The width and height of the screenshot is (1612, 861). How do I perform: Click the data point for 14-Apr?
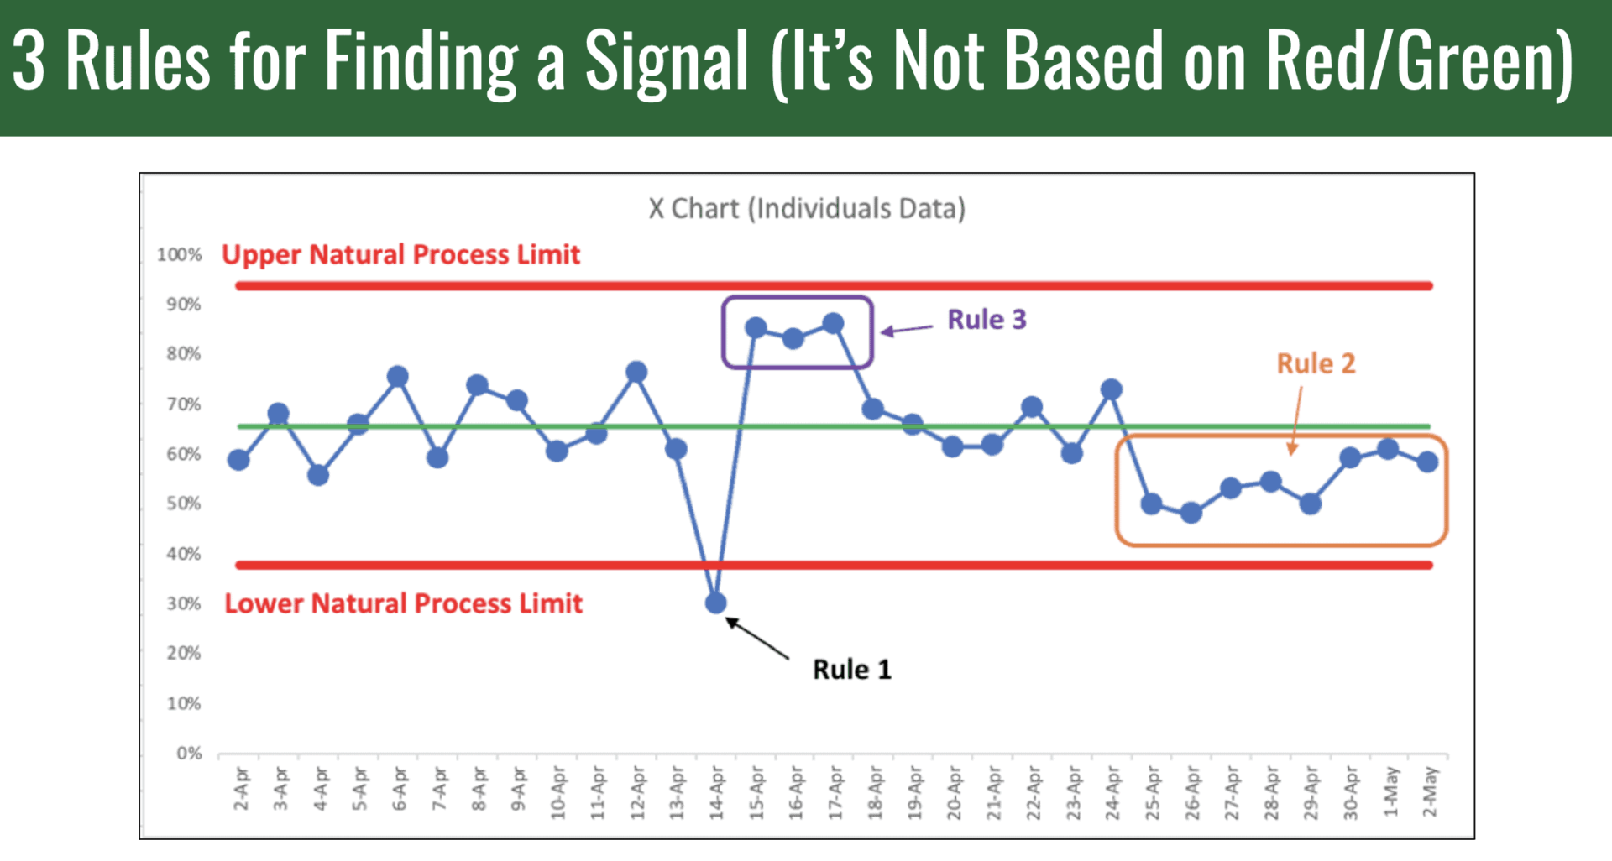[715, 603]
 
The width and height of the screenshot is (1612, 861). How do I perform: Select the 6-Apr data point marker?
[398, 377]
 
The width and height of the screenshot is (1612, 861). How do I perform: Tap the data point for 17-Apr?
[833, 324]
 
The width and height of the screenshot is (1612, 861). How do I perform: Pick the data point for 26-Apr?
[1191, 513]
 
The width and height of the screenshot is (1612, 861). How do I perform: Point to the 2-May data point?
[1427, 462]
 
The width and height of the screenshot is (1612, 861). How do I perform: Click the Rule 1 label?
[851, 670]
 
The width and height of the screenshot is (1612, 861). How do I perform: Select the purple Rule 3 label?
[987, 320]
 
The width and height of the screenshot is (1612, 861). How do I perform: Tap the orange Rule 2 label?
[1316, 363]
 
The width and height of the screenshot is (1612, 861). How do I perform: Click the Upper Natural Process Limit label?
[400, 254]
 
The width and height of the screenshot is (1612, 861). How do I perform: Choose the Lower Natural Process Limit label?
[403, 603]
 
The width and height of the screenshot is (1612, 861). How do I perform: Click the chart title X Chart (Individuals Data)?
[806, 208]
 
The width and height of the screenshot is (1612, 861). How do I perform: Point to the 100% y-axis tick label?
[179, 254]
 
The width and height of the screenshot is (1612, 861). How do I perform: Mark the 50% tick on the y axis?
[183, 504]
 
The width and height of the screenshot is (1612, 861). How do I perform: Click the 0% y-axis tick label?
[189, 753]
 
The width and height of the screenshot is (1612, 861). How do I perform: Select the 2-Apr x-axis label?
[241, 789]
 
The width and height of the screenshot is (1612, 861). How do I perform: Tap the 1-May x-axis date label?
[1390, 791]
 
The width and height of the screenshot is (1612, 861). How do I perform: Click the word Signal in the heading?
[666, 60]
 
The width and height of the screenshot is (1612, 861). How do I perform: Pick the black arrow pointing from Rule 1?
[757, 639]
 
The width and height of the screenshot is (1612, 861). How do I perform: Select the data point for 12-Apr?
[636, 372]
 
